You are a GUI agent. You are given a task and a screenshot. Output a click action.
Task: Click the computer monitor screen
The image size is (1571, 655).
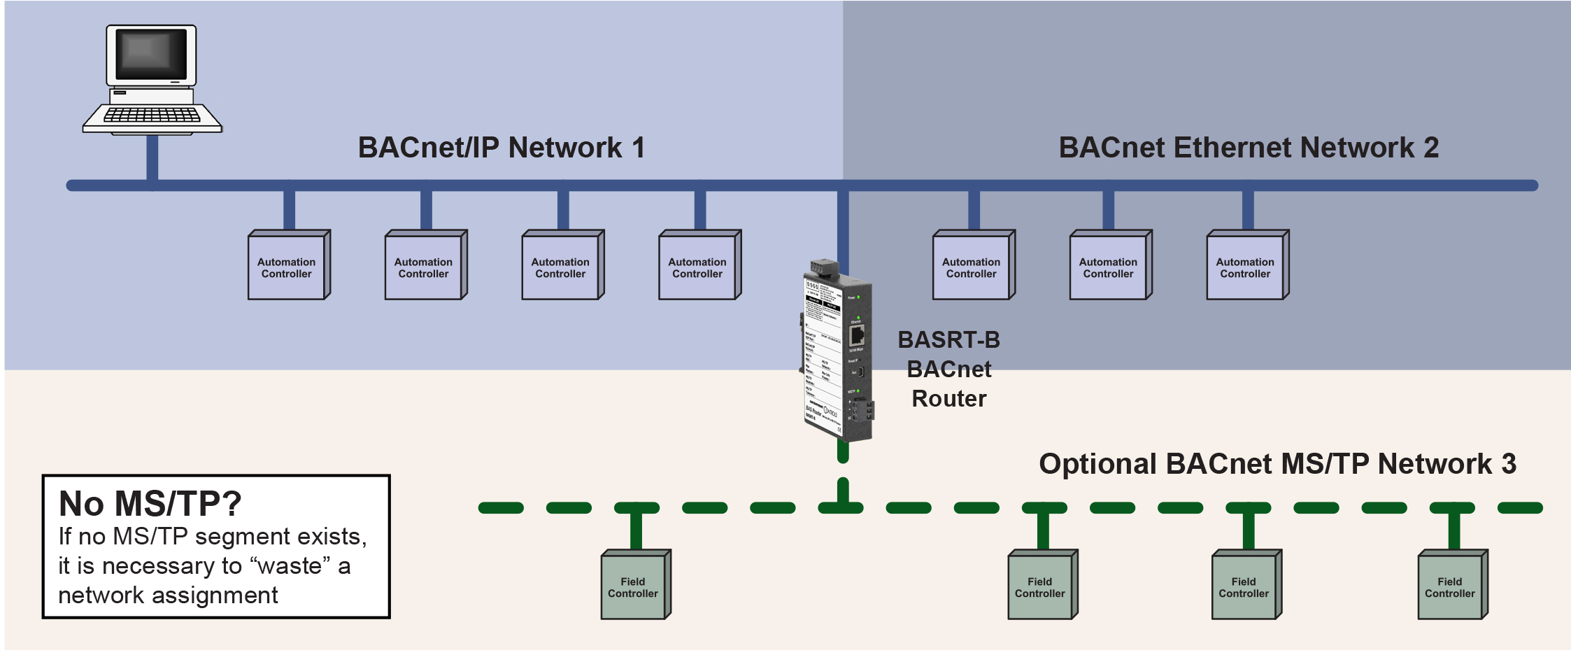pos(151,55)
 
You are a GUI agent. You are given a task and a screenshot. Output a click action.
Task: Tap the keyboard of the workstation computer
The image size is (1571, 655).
pos(152,115)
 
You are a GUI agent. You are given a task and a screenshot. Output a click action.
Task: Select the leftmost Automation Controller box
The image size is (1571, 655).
pos(287,267)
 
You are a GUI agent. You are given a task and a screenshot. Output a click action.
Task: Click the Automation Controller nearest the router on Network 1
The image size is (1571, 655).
pos(698,267)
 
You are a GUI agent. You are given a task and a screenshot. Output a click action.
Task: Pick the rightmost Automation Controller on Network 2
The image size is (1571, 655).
pos(1246,267)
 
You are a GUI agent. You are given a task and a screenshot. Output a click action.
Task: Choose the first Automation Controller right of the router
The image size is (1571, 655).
pos(972,267)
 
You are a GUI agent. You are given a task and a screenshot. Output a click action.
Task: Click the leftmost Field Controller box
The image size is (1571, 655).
pos(634,586)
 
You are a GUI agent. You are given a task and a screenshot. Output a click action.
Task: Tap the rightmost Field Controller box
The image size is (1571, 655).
pos(1451,586)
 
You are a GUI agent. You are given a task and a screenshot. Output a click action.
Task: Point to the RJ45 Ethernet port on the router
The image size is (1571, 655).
pos(857,334)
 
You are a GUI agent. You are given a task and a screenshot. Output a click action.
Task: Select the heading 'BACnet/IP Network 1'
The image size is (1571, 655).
pos(501,148)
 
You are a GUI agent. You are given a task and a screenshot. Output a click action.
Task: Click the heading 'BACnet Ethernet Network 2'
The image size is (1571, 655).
pos(1249,148)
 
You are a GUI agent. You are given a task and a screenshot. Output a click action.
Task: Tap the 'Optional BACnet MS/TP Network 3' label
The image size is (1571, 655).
pos(1277,464)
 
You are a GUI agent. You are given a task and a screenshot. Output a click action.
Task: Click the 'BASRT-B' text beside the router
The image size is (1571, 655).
pos(949,340)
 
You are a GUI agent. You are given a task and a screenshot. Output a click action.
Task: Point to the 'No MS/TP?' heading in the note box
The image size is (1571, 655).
pos(150,503)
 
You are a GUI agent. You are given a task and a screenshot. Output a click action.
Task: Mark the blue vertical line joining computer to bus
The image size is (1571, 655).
pos(152,159)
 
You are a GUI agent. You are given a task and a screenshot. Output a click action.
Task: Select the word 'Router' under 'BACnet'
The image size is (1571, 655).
pos(949,399)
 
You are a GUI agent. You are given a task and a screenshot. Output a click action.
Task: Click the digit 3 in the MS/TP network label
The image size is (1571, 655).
pos(1509,464)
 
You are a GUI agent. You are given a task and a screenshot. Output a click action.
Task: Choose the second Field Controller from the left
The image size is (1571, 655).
pos(1041,586)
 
